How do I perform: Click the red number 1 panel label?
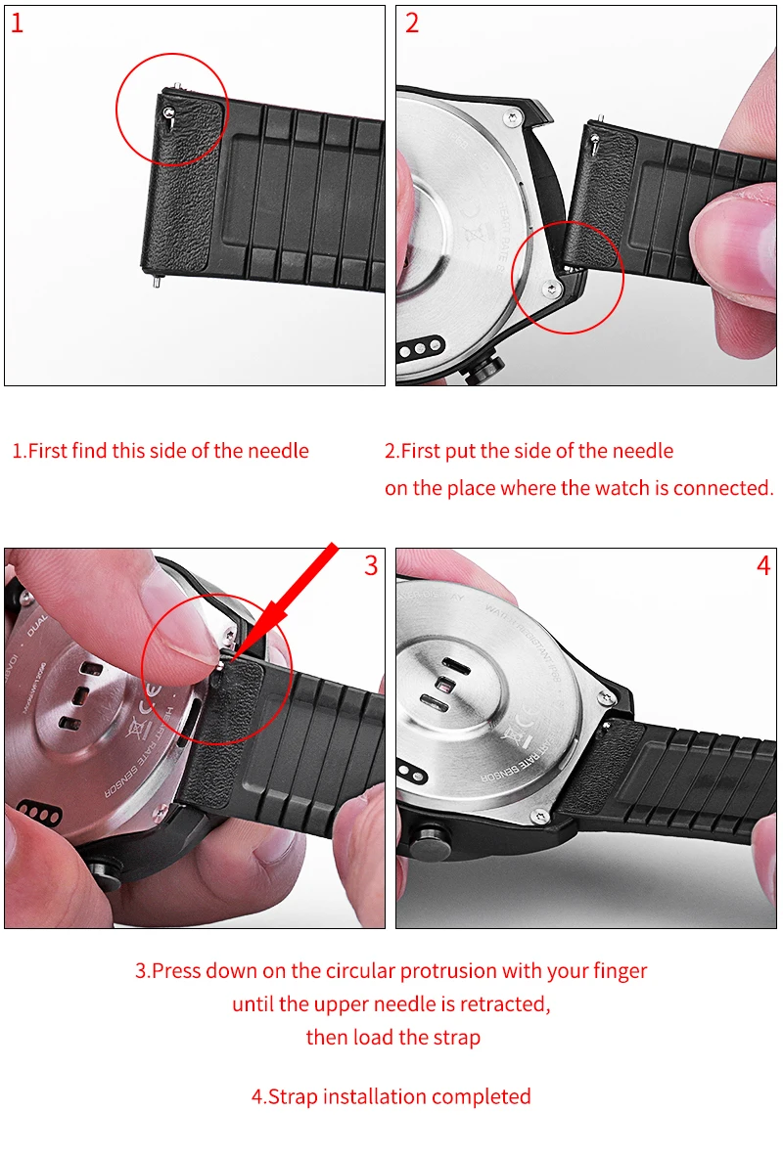click(x=17, y=22)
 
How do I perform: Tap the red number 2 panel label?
click(x=412, y=22)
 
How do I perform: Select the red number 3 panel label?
click(x=371, y=565)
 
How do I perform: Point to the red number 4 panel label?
click(x=763, y=565)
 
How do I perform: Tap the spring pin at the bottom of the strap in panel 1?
click(x=156, y=279)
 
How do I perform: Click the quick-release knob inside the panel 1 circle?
click(x=169, y=112)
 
